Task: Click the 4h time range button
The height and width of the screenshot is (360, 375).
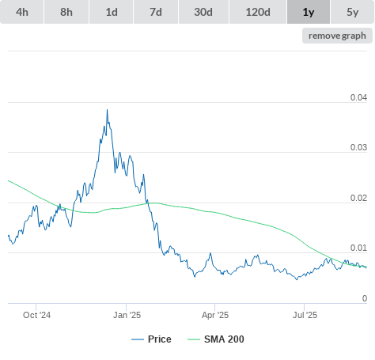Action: coord(22,12)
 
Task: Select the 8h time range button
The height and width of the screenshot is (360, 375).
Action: coord(66,12)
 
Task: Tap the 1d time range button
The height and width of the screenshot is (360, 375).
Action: coord(112,12)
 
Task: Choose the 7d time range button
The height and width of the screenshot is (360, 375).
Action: coord(156,12)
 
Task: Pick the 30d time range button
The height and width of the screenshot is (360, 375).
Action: coord(203,12)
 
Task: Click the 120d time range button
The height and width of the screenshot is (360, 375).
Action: coord(258,12)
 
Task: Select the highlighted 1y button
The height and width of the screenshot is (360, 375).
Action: coord(309,12)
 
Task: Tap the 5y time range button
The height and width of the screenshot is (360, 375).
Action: coord(353,12)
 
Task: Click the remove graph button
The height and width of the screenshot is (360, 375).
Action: coord(337,36)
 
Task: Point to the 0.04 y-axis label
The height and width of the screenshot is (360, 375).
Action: coord(358,97)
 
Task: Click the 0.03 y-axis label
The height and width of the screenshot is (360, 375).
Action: coord(358,147)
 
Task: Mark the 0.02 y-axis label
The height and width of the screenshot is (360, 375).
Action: coord(358,198)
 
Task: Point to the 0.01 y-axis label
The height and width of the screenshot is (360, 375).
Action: coord(358,248)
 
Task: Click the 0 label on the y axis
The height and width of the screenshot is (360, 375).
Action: coord(365,298)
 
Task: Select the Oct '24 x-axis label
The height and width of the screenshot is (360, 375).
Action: coord(36,315)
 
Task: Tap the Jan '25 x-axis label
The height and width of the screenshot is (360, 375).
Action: coord(127,315)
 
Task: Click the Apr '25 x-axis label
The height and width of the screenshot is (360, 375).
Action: coord(215,315)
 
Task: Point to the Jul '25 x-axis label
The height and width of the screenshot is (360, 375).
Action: coord(305,315)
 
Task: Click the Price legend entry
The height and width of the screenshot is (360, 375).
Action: coord(151,339)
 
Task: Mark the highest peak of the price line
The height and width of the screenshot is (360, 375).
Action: coord(107,109)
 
